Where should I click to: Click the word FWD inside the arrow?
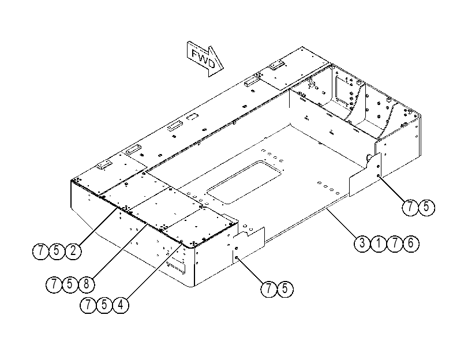click(203, 59)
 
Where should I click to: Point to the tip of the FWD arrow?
click(223, 68)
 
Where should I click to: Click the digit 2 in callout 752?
click(73, 252)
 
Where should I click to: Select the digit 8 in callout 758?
click(86, 284)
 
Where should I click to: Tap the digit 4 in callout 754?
click(121, 305)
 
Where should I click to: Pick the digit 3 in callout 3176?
click(362, 243)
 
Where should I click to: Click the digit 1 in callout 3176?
click(379, 243)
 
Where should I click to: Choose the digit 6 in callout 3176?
click(411, 243)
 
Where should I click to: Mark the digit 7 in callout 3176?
click(395, 243)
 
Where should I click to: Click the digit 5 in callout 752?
click(57, 252)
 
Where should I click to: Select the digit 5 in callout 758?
click(70, 284)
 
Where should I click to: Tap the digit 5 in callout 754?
click(104, 305)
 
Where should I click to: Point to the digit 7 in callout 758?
click(54, 284)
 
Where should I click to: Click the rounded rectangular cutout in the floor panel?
click(245, 182)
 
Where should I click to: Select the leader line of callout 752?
click(98, 227)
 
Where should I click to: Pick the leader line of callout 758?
click(119, 252)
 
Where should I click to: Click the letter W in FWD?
click(203, 58)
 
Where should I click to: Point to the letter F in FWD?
click(195, 54)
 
